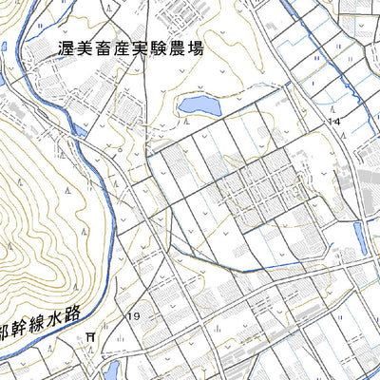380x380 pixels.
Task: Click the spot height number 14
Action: pyautogui.click(x=333, y=122)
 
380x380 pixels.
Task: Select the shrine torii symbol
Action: pyautogui.click(x=90, y=335)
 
